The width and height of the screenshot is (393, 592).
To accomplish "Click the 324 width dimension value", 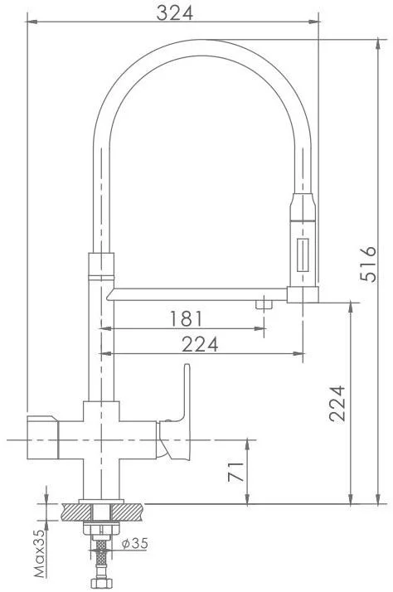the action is tap(174, 13).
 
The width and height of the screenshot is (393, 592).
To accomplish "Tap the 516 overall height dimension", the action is tap(368, 264).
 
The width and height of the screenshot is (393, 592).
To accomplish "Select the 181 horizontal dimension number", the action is tap(186, 318).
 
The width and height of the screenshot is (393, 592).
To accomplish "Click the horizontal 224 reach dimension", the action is tap(200, 344).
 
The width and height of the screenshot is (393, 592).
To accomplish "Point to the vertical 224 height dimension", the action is tap(337, 403).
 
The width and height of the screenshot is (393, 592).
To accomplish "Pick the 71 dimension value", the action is tap(236, 472).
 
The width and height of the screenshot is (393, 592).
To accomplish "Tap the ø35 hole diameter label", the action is tap(135, 543).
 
